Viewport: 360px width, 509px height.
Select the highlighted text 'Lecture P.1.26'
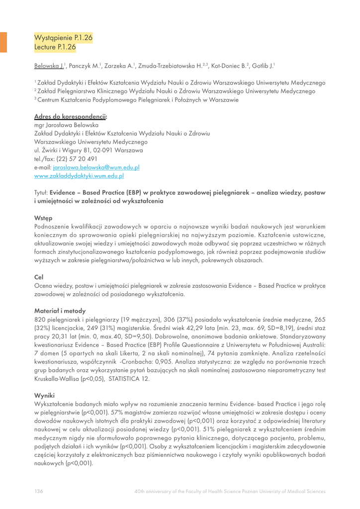55,47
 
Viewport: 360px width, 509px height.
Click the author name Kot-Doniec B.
230,66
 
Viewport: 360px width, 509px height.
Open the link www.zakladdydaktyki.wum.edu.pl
79,176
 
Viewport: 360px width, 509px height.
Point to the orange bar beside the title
3,42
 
